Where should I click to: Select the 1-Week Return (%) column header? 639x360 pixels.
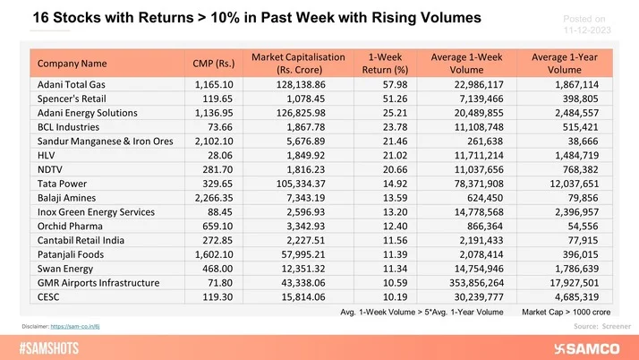(382, 64)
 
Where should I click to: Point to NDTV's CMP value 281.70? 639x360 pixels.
(225, 169)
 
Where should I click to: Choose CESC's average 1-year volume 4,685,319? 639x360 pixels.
(576, 296)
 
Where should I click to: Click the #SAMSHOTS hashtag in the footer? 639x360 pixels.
(54, 347)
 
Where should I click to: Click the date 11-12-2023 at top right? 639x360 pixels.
(583, 28)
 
